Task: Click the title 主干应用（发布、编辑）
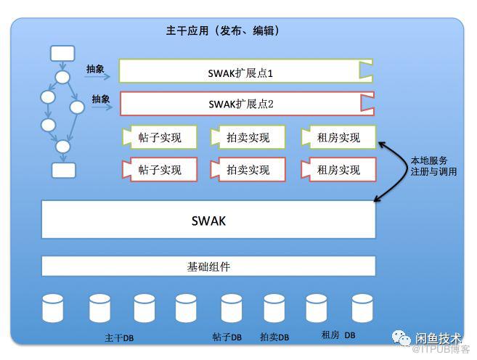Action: point(223,31)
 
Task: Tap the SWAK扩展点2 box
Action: point(245,104)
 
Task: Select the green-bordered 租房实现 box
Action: point(338,137)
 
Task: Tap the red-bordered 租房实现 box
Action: point(338,170)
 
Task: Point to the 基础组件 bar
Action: point(208,266)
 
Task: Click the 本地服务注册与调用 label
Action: point(433,166)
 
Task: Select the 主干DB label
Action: point(119,338)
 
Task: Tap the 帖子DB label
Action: point(227,337)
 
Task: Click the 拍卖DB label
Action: point(274,337)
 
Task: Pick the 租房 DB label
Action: point(338,335)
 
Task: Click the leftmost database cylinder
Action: point(54,308)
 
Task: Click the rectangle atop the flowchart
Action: point(62,53)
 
